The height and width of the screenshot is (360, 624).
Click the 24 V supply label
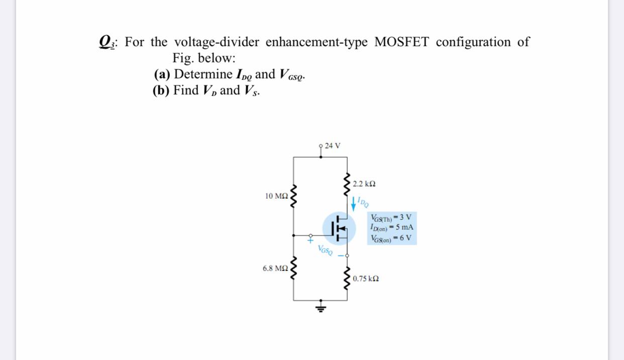333,146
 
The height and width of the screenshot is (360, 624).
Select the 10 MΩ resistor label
276,196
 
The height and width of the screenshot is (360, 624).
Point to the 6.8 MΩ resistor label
274,268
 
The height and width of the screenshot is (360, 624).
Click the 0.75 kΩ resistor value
366,279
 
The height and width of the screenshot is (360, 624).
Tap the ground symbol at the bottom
321,306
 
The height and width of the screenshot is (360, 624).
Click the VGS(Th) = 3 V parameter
391,218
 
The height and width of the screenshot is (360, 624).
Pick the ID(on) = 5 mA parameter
391,227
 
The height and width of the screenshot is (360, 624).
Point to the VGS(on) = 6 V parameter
391,238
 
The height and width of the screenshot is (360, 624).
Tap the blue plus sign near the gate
310,241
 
